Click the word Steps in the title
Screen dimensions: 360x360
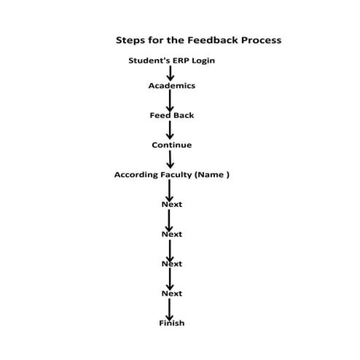(x=130, y=40)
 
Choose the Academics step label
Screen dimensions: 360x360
(x=172, y=85)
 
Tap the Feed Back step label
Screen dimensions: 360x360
(x=172, y=115)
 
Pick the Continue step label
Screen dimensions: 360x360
(x=172, y=145)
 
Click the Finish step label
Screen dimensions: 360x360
(x=172, y=323)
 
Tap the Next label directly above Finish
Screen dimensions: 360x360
(x=172, y=293)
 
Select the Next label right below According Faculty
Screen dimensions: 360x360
(x=172, y=204)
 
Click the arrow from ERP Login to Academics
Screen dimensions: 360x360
(x=171, y=73)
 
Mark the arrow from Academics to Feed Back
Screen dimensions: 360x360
(x=171, y=101)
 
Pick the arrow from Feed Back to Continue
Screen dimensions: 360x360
(x=171, y=130)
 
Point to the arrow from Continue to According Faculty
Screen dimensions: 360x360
(x=171, y=160)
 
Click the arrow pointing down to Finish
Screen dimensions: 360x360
(x=171, y=308)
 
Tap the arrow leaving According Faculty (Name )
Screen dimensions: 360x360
(x=171, y=189)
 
